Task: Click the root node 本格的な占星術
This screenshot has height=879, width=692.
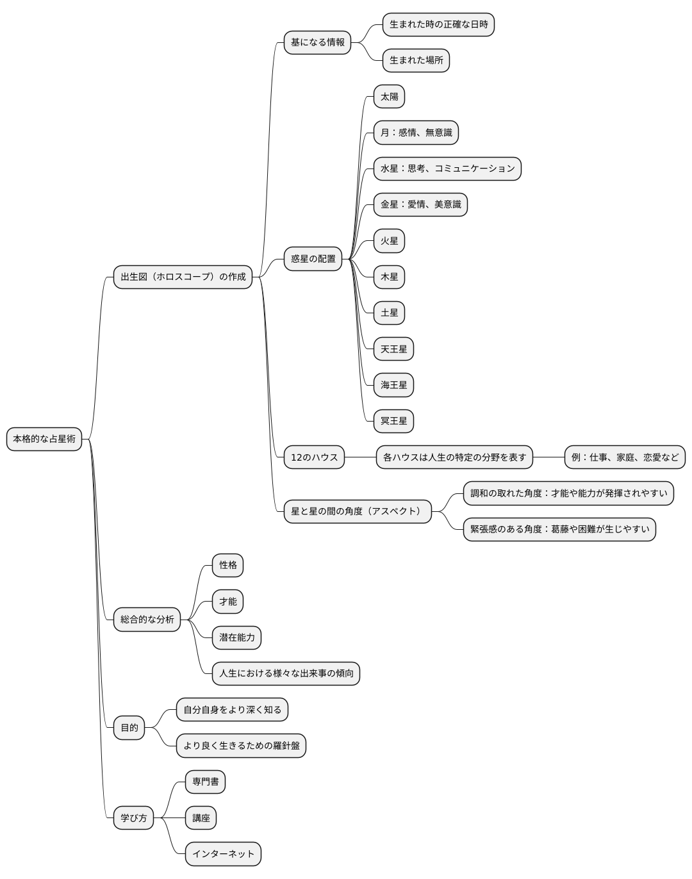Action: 44,439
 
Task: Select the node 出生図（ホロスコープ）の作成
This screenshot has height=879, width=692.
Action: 183,277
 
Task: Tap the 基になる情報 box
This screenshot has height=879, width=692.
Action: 317,42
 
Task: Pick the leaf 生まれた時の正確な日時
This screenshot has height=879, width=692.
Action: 438,24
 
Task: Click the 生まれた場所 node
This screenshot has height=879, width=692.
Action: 416,60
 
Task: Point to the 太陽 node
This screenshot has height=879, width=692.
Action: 389,97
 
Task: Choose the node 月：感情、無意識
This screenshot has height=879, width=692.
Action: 416,133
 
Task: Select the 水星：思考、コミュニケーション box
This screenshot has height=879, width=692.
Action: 447,168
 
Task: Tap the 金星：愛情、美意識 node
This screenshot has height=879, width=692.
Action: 420,204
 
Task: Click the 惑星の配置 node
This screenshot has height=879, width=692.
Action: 313,259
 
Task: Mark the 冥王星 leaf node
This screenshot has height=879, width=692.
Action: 393,421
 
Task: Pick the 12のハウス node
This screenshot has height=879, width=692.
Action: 314,457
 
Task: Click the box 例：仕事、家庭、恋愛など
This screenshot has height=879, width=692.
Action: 625,457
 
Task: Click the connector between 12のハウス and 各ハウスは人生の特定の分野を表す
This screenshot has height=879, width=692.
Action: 360,457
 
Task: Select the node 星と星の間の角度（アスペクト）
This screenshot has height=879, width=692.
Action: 358,511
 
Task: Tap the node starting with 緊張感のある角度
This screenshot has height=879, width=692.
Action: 559,529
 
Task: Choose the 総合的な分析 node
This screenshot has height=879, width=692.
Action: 147,620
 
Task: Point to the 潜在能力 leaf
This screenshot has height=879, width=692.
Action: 236,637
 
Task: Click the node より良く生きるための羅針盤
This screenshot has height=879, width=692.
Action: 241,746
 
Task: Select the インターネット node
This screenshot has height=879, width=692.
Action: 223,854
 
